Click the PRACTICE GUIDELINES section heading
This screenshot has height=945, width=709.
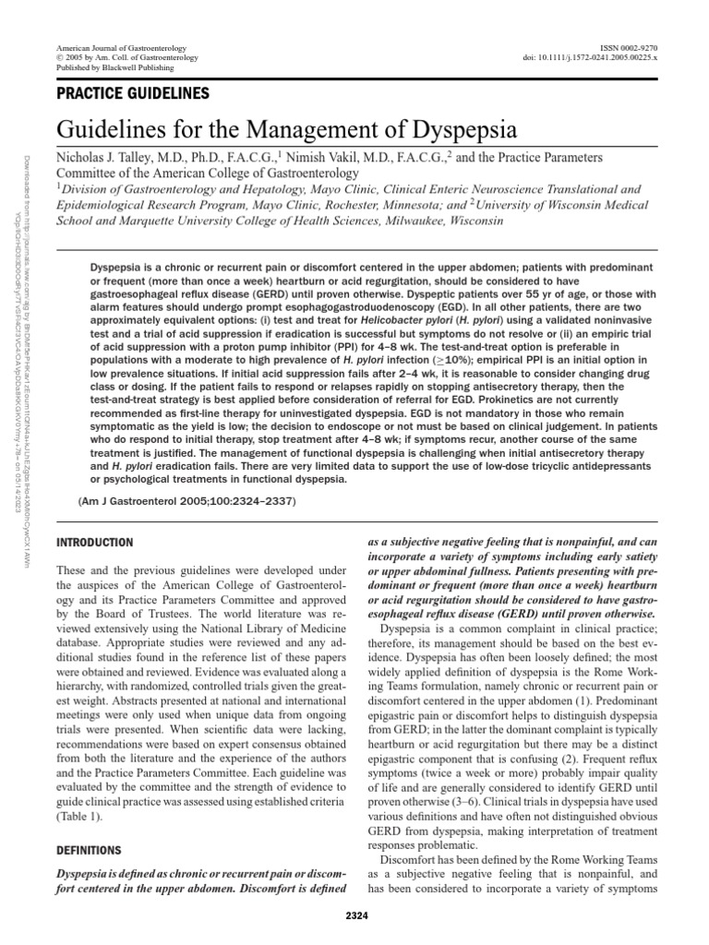point(133,92)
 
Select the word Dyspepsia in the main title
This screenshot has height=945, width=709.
point(450,127)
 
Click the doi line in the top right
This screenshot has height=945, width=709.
point(590,58)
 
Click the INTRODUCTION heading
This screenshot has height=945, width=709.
point(95,543)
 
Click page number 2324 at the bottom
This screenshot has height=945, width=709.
point(354,916)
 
